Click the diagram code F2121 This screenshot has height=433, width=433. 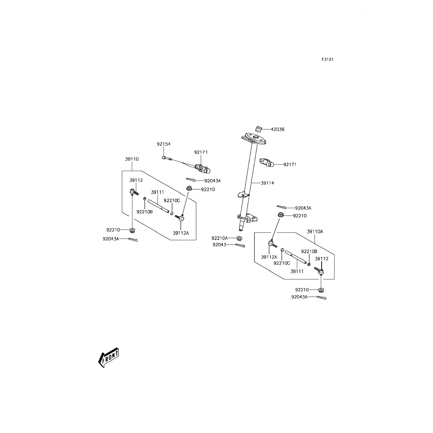click(328, 59)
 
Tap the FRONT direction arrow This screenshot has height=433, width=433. click(109, 357)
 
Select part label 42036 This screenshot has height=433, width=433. click(277, 129)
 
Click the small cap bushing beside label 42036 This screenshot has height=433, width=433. click(259, 128)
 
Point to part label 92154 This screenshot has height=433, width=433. click(164, 144)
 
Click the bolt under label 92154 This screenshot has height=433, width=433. click(167, 158)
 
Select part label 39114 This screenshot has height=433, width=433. click(267, 183)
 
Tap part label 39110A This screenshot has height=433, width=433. click(315, 232)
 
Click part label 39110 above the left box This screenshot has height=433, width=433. click(132, 159)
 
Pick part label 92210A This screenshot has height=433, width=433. click(219, 238)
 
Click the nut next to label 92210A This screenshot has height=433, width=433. click(239, 238)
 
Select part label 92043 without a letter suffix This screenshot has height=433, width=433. click(219, 245)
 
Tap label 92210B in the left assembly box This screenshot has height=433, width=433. click(144, 212)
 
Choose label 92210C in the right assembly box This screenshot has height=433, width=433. click(282, 263)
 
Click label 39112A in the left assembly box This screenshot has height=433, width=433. click(181, 233)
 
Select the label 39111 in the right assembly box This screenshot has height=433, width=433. click(297, 271)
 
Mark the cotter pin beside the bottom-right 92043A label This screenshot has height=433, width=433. click(321, 298)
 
